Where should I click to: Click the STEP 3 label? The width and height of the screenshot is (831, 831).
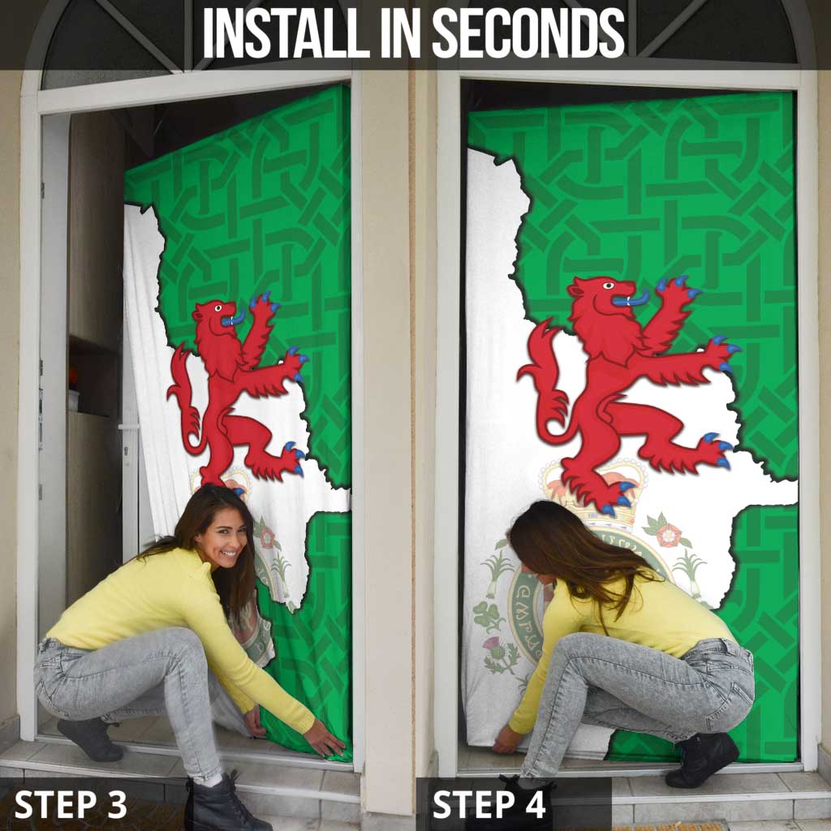(x=71, y=804)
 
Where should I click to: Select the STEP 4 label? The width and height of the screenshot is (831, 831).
(x=489, y=804)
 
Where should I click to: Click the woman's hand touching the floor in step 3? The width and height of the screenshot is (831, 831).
(x=325, y=739)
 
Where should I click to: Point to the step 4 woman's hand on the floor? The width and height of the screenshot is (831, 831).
(x=506, y=738)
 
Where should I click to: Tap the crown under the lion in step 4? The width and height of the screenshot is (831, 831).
(x=584, y=479)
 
